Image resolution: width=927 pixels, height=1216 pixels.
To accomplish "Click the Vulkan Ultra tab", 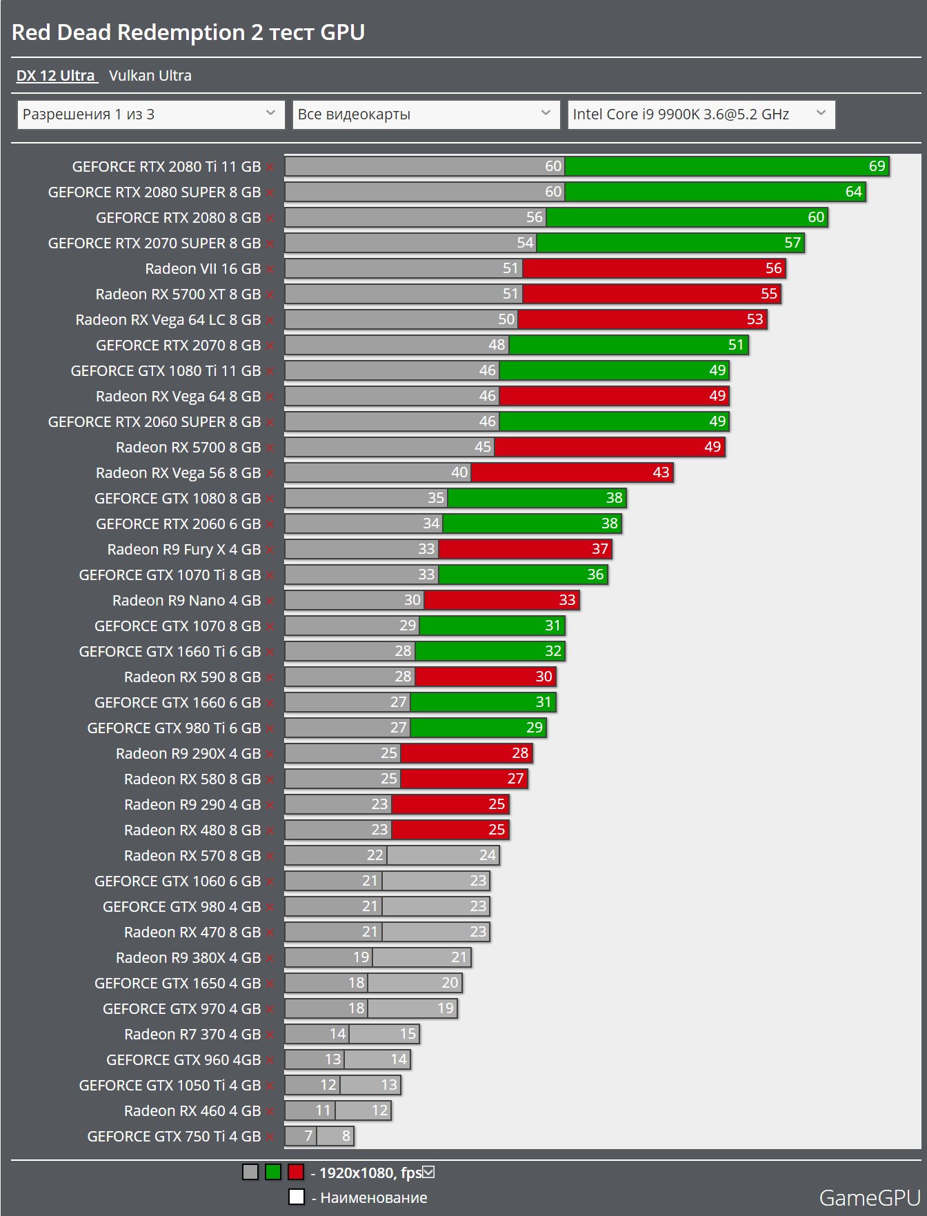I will click(150, 76).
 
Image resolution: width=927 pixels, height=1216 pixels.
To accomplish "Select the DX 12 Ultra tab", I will click(56, 76).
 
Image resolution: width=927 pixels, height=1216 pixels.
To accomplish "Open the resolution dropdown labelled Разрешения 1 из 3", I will click(150, 114).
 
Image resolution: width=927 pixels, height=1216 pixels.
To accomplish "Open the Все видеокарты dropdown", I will click(425, 114).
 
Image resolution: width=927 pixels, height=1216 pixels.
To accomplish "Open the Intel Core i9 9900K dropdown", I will click(701, 114).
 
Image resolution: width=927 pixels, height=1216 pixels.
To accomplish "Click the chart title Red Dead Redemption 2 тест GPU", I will click(188, 32).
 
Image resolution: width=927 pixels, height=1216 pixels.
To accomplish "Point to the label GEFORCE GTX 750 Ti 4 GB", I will click(174, 1136).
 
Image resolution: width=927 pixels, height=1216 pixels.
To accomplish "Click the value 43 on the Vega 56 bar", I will click(661, 472).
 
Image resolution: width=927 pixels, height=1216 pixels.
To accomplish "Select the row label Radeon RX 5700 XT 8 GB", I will click(178, 294).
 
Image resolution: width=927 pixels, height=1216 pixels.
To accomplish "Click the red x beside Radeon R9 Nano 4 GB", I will click(270, 601).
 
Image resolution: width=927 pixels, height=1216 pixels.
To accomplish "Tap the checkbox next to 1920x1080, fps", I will click(428, 1172).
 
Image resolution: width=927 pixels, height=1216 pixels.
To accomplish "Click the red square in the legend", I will click(296, 1172).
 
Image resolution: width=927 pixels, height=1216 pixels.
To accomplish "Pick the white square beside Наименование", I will click(297, 1197).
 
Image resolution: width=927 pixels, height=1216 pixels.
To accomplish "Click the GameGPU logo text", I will click(869, 1198).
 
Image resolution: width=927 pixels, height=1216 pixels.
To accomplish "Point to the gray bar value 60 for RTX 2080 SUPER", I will click(553, 192).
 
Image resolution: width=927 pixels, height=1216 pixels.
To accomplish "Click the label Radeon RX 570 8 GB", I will click(192, 855).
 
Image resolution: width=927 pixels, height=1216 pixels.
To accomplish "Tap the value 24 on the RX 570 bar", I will click(488, 855).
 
